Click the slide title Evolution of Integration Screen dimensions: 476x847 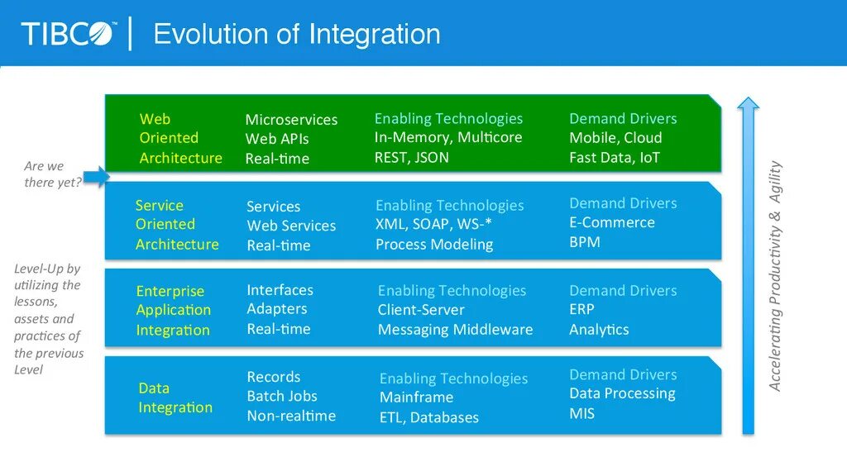click(297, 35)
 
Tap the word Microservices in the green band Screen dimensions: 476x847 click(291, 120)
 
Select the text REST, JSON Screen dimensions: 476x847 click(411, 157)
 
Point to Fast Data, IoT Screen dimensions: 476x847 click(615, 157)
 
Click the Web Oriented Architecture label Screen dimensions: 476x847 click(180, 138)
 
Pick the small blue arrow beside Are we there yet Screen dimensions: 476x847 click(97, 175)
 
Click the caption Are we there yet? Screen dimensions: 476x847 click(52, 174)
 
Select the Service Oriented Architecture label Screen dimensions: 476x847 click(177, 225)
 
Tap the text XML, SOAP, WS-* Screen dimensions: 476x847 click(434, 225)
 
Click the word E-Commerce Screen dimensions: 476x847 click(611, 222)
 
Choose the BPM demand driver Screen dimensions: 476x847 click(584, 242)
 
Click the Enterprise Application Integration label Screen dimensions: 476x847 click(173, 311)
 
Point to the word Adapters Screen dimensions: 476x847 click(276, 309)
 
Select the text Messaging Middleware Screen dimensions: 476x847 click(455, 330)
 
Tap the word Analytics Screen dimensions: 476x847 click(599, 329)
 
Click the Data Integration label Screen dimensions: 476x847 click(175, 397)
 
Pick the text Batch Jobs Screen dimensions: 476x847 click(281, 396)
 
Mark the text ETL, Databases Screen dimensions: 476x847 click(428, 417)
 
